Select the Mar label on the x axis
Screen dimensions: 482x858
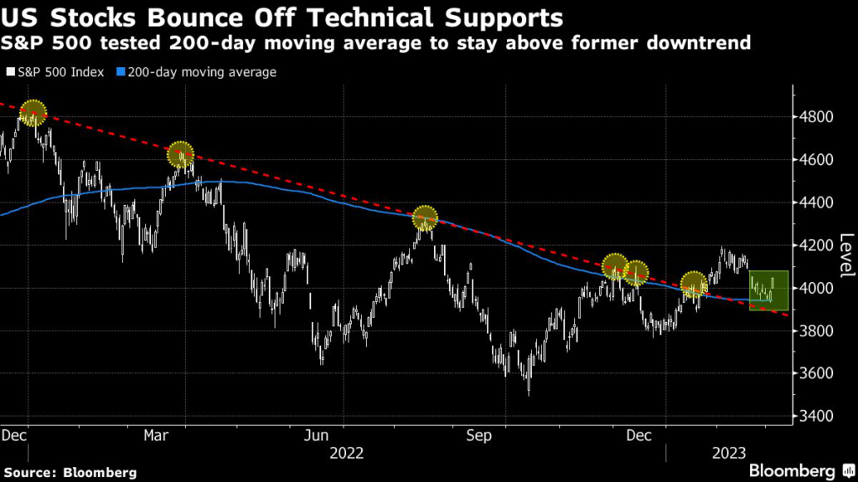156,435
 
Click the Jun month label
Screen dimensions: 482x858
316,435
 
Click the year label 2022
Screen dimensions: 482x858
347,453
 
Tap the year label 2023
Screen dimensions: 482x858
729,453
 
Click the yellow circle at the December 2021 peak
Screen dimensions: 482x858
33,112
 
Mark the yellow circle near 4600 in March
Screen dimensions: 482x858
180,154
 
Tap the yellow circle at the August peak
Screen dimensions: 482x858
426,218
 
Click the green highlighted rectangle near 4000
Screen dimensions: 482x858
769,290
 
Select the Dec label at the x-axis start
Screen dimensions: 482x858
15,435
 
